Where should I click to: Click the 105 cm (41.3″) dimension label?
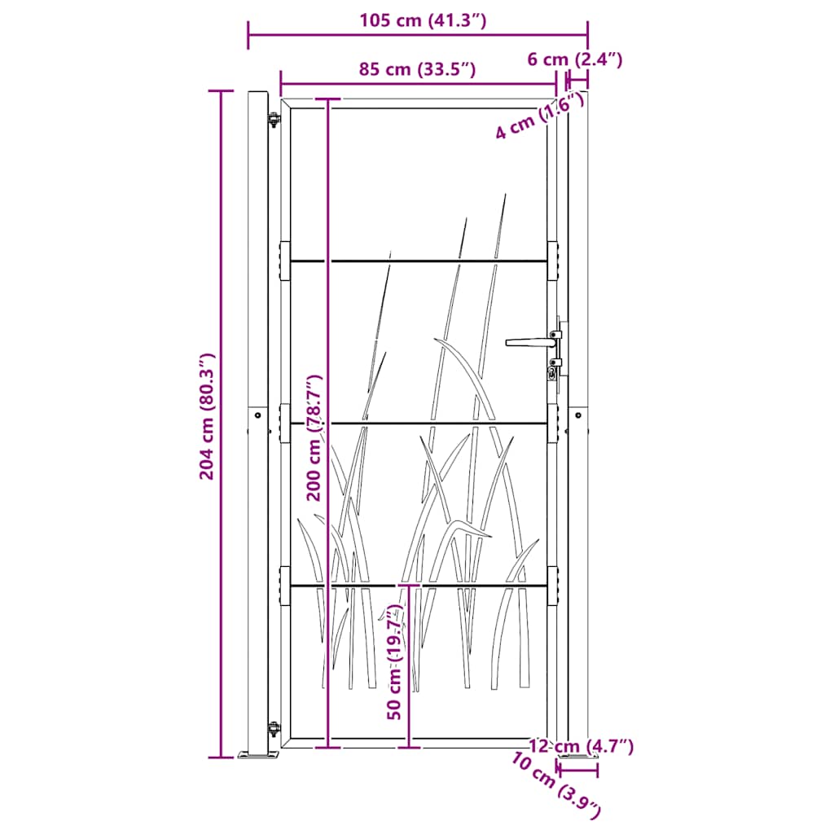click(423, 21)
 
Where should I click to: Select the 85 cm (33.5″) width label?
click(418, 69)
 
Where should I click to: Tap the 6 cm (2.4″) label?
click(575, 59)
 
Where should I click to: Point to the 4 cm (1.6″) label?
click(540, 116)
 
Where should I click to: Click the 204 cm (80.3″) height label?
click(207, 416)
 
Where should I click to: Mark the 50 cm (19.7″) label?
click(395, 661)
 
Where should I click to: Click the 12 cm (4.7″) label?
click(580, 746)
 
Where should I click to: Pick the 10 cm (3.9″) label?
click(557, 785)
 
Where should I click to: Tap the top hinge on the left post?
click(274, 121)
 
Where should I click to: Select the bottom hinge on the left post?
click(274, 727)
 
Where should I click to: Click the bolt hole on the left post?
click(258, 415)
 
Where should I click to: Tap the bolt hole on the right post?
click(579, 415)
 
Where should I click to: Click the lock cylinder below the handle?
click(554, 373)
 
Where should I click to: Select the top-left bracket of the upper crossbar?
click(284, 261)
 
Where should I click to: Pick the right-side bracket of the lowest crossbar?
click(553, 586)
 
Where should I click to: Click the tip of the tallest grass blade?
click(506, 195)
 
